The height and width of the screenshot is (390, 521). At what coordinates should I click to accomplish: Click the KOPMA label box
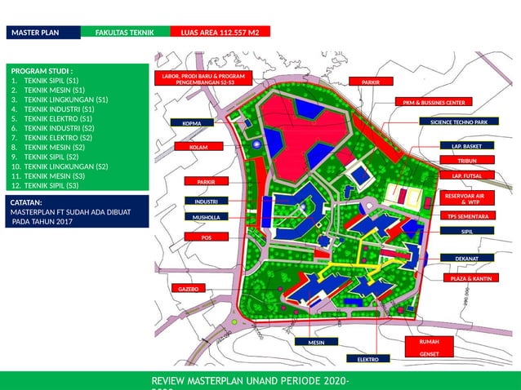pyautogui.click(x=192, y=123)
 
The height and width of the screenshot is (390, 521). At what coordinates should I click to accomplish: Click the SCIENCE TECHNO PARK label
pyautogui.click(x=458, y=122)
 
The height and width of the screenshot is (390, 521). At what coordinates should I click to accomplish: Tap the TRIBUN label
pyautogui.click(x=466, y=161)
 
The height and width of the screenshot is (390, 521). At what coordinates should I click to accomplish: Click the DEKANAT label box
pyautogui.click(x=466, y=258)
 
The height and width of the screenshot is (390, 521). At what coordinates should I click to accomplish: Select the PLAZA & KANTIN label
pyautogui.click(x=471, y=278)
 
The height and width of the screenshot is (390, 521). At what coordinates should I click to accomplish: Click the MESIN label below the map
pyautogui.click(x=316, y=343)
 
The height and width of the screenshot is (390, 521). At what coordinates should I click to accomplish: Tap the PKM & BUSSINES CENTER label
pyautogui.click(x=434, y=103)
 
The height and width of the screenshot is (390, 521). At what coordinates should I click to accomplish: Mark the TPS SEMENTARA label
pyautogui.click(x=468, y=216)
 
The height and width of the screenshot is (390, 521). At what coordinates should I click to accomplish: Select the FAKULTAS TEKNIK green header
pyautogui.click(x=125, y=32)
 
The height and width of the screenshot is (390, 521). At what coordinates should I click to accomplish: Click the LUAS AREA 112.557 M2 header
pyautogui.click(x=220, y=32)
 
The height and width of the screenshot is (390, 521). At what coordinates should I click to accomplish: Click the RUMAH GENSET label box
pyautogui.click(x=429, y=348)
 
